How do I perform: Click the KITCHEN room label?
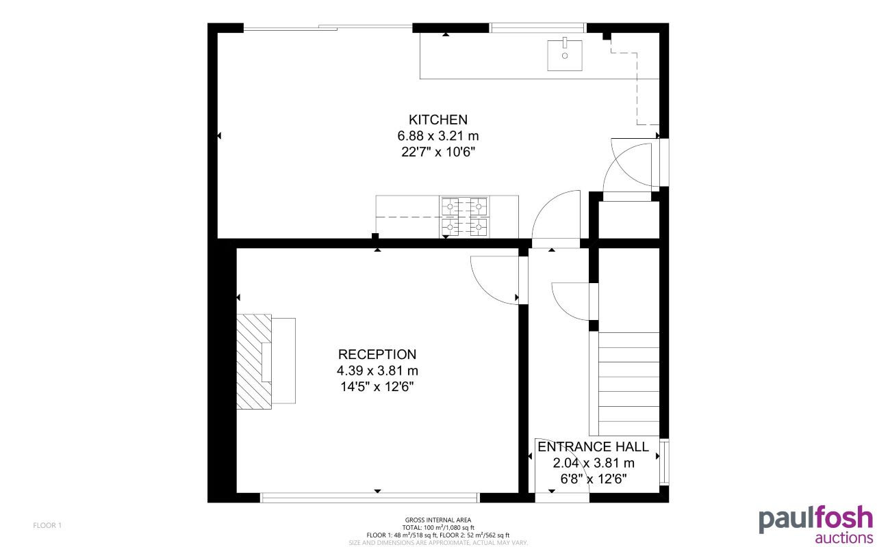(x=438, y=120)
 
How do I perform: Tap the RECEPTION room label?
(x=377, y=354)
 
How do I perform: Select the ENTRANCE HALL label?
(x=593, y=447)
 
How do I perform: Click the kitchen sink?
(x=565, y=55)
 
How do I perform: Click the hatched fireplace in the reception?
(x=254, y=361)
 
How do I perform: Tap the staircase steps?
(x=628, y=383)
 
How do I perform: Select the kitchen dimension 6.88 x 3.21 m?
(x=438, y=135)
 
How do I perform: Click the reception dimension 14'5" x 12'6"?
(x=377, y=386)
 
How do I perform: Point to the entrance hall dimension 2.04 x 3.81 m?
(x=593, y=463)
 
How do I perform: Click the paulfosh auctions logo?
(x=815, y=524)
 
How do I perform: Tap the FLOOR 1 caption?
(x=47, y=525)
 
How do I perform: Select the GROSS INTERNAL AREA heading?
(x=438, y=520)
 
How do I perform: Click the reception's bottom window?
(x=370, y=497)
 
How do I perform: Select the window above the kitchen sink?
(x=538, y=28)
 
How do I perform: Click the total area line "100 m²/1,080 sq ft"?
(x=438, y=528)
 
